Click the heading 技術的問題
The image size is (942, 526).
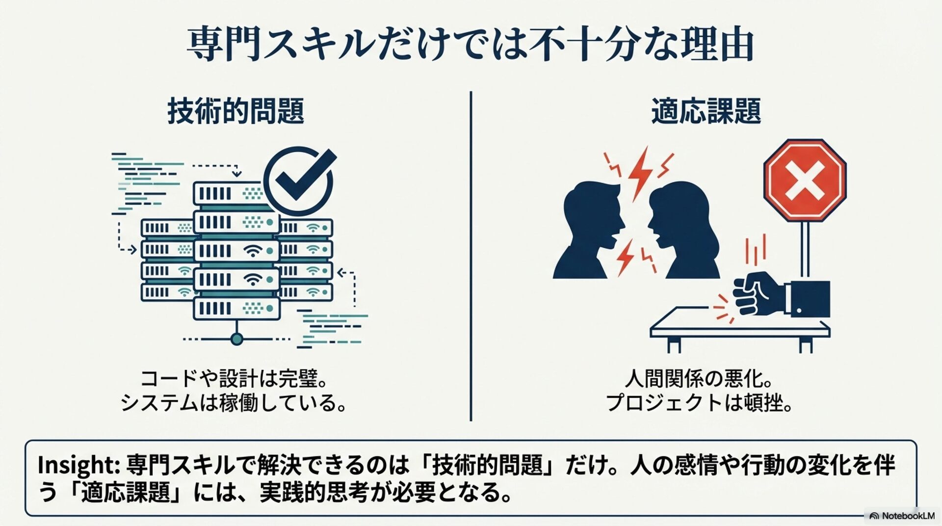[235, 111]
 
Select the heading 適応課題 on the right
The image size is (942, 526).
[706, 111]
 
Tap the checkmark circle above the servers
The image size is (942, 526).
[298, 180]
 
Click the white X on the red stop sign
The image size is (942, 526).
[805, 180]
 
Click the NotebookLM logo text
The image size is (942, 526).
[908, 516]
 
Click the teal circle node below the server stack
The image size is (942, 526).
[237, 339]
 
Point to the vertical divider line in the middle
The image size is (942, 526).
[471, 255]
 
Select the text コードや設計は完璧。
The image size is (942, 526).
[234, 379]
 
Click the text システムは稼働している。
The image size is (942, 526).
[234, 403]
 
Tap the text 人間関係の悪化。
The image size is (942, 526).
[699, 379]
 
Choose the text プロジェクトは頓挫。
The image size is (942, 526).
[699, 403]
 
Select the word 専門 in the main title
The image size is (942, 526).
[223, 45]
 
